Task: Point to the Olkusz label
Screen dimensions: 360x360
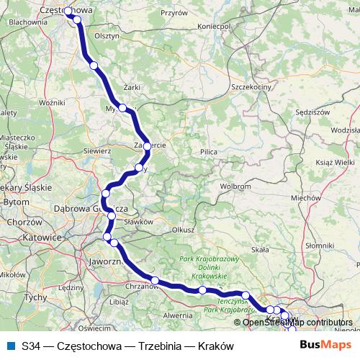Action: pos(183,230)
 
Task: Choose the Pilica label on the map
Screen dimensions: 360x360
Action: pos(209,152)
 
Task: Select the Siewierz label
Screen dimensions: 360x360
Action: pos(96,152)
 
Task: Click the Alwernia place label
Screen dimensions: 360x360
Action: pos(178,315)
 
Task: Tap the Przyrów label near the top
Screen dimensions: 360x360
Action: pos(174,12)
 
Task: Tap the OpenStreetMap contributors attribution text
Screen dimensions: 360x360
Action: pos(298,323)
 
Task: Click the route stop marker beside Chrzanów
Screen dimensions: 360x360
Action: pos(155,280)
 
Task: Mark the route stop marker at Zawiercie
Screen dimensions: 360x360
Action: pos(147,146)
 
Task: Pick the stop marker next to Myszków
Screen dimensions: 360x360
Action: pos(123,108)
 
